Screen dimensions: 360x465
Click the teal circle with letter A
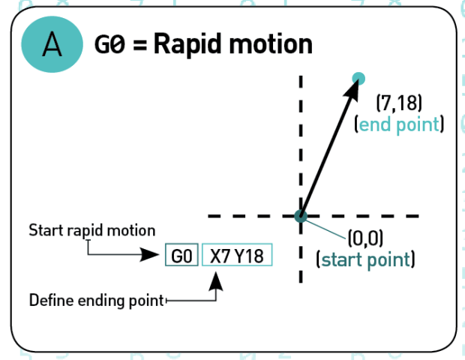(52, 45)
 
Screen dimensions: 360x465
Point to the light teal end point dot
(358, 78)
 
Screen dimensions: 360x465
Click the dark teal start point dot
(301, 216)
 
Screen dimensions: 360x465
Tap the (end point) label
(398, 124)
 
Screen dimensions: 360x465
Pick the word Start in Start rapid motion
(43, 230)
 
